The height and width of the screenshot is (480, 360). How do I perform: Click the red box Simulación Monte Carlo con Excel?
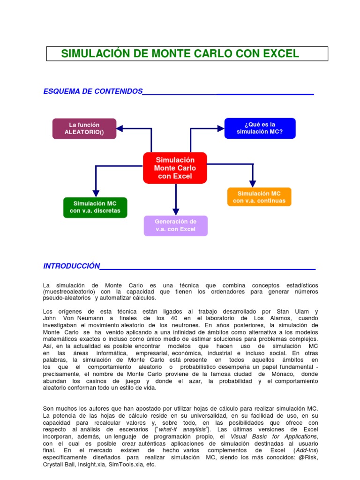point(175,168)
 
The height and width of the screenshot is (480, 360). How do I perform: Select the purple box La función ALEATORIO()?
point(84,128)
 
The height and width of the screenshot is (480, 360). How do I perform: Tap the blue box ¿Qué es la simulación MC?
point(260,128)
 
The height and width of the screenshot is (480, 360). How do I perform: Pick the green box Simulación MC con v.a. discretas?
point(95,207)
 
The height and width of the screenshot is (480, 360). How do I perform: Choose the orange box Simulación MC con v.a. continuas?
point(259,197)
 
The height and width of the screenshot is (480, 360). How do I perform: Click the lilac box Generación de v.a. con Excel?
point(176,225)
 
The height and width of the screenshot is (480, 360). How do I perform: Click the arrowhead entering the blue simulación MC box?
point(221,127)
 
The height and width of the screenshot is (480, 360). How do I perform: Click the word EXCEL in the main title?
point(280,53)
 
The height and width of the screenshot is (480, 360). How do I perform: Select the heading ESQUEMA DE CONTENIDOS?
point(93,91)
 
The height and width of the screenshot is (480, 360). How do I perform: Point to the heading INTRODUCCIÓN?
point(72,266)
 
